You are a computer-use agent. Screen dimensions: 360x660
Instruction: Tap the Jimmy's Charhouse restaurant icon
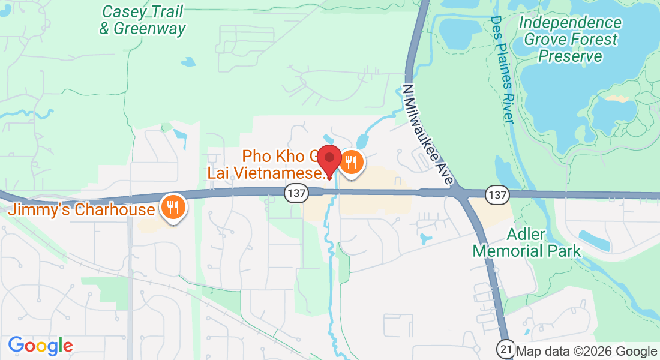point(173,208)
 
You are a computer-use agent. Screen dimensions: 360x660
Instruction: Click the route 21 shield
point(506,348)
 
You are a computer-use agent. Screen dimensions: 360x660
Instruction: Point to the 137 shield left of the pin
point(296,194)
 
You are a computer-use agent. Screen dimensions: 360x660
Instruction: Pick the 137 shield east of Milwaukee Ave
point(497,194)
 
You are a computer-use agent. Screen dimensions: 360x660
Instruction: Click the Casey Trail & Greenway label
point(143,20)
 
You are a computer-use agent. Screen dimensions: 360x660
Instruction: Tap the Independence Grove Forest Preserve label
point(570,40)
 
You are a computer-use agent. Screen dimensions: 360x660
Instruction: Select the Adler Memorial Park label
point(527,242)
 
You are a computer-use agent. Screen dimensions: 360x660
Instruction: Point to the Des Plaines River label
point(503,69)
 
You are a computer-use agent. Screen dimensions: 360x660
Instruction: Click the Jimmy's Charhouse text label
point(81,210)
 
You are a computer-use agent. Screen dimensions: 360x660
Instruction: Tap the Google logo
point(40,346)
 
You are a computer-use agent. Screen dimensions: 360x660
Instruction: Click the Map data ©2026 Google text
point(586,352)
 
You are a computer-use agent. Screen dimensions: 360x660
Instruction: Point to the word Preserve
point(570,56)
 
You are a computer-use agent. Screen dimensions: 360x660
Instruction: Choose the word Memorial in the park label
point(527,250)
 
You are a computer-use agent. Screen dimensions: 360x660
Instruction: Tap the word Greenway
point(149,28)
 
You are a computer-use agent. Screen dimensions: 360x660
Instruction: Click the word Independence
point(570,23)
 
